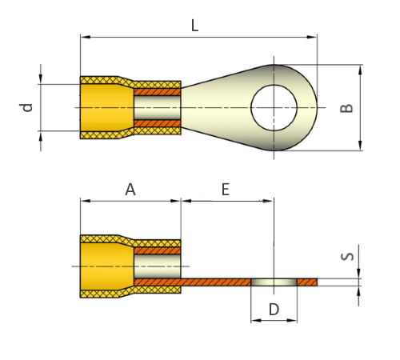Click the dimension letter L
tap(195, 26)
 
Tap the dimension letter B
tap(346, 108)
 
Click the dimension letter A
tap(130, 190)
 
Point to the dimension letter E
tap(226, 190)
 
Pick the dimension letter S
tap(347, 257)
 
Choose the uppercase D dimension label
tap(274, 310)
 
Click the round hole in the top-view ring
tap(274, 108)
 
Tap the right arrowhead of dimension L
tap(312, 37)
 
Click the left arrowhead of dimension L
tap(86, 37)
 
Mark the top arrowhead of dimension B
tap(360, 70)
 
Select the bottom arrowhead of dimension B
tap(360, 146)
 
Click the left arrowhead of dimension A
tap(86, 201)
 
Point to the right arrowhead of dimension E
tap(268, 201)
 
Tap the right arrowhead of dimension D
tap(292, 320)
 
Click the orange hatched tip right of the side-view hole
tap(307, 282)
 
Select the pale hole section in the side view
tap(274, 282)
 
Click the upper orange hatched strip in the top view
tap(158, 92)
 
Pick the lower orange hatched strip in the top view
tap(158, 123)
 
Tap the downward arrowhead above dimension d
tap(41, 79)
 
